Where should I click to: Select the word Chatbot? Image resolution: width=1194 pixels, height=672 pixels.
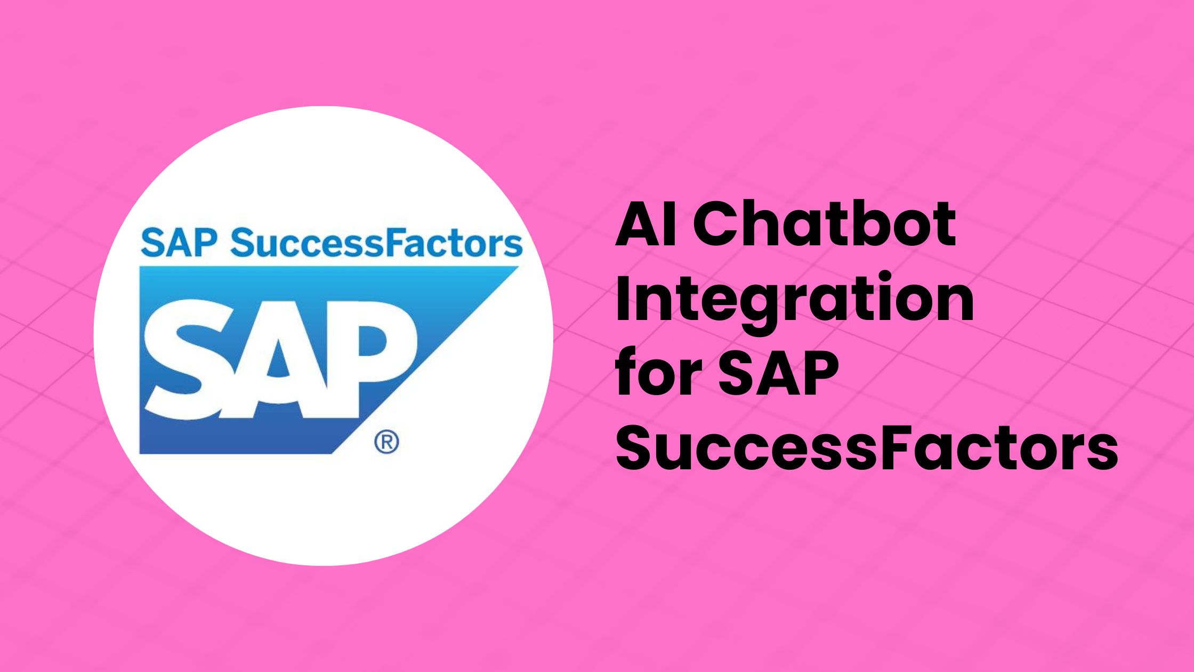[x=824, y=225]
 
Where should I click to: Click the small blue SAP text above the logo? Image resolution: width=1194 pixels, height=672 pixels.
[x=179, y=243]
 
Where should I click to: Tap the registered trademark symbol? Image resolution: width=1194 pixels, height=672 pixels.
[x=386, y=442]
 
